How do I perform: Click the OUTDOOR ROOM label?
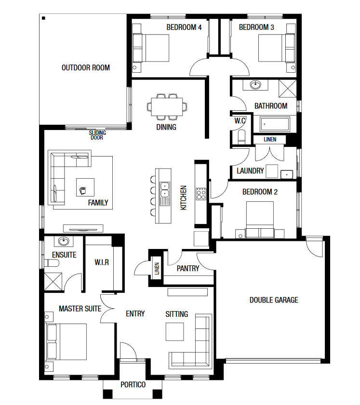point(85,68)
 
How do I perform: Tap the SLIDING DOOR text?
point(97,135)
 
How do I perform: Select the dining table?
point(167,107)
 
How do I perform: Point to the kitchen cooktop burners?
point(201,194)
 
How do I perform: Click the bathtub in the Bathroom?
point(275,124)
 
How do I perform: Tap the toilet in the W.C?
point(241,137)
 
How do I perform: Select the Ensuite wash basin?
point(64,241)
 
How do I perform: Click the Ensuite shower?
point(53,282)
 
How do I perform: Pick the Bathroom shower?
point(287,89)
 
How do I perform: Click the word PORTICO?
point(133,385)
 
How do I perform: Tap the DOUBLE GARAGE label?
point(274,300)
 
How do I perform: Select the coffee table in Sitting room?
point(175,332)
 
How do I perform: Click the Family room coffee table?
point(85,187)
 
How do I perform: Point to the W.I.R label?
point(102,262)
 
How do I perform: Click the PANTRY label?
point(188,269)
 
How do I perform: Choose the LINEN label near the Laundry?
point(270,140)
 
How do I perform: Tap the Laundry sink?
point(287,174)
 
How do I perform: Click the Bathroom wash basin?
point(255,84)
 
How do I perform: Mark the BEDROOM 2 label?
point(260,192)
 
